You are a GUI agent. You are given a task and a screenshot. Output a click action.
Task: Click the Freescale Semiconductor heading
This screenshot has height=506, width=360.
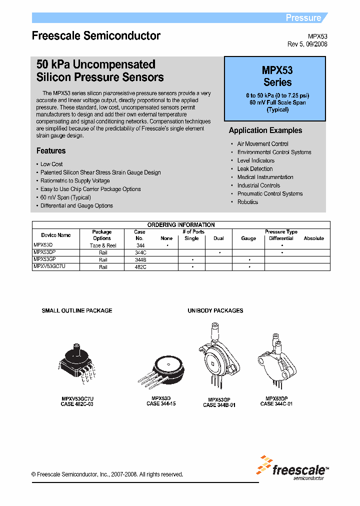point(96,36)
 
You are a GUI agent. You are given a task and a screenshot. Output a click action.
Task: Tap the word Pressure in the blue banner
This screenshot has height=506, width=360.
point(303,18)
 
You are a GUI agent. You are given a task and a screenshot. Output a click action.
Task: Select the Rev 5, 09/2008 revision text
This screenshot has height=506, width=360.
point(307,44)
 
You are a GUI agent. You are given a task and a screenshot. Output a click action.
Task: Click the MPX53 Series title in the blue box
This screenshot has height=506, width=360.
point(277,76)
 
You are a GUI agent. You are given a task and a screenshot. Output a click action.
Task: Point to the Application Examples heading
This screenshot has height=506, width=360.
point(265,130)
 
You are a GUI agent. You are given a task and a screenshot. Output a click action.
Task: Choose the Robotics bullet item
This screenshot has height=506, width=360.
point(247,202)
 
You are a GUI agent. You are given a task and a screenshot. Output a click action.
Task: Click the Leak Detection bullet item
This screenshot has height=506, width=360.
point(255,169)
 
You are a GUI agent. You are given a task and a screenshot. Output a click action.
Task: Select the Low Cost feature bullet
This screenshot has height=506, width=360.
point(51,164)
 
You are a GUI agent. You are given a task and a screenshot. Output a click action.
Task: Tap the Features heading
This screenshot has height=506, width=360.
point(51,150)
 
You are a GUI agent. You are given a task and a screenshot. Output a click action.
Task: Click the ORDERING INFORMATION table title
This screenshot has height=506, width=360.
point(181,225)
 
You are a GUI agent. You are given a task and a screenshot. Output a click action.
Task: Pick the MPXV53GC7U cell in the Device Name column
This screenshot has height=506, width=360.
point(49,267)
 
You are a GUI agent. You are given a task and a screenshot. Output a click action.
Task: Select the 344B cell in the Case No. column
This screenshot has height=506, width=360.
point(140,260)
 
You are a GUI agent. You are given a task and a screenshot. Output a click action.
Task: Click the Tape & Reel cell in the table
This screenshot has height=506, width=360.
point(102,245)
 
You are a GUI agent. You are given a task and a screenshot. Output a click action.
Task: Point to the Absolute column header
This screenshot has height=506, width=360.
point(313,238)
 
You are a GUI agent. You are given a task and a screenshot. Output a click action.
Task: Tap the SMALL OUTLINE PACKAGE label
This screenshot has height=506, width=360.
point(77,310)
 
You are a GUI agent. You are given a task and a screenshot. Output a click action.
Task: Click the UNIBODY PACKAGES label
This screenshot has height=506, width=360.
point(215,310)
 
